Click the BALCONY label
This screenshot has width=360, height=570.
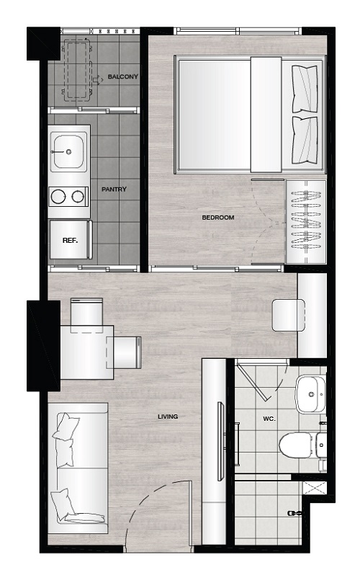(123, 76)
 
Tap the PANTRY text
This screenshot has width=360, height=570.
(114, 189)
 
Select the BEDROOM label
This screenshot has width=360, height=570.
(218, 218)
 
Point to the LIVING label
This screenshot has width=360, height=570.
(168, 417)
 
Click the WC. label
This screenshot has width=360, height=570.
(269, 419)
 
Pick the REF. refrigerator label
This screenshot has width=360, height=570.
(70, 240)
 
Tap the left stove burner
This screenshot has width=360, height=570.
(58, 197)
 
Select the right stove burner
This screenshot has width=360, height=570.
(78, 197)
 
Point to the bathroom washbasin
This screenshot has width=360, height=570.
(310, 394)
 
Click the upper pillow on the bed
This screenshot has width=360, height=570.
(305, 89)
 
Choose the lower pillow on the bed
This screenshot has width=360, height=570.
(305, 140)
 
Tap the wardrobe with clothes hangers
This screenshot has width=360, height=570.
(306, 221)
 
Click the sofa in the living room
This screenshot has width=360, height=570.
(78, 468)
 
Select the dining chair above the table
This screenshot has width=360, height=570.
(86, 315)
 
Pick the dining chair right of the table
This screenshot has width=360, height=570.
(124, 352)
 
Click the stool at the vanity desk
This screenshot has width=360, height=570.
(288, 315)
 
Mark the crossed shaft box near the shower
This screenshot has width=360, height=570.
(315, 487)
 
